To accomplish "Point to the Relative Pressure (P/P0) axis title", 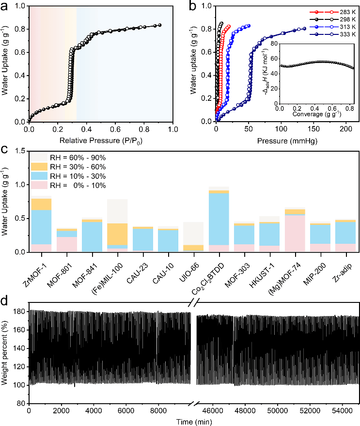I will (100, 141).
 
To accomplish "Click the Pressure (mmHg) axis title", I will (282, 141).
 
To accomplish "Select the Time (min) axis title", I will (193, 422).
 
